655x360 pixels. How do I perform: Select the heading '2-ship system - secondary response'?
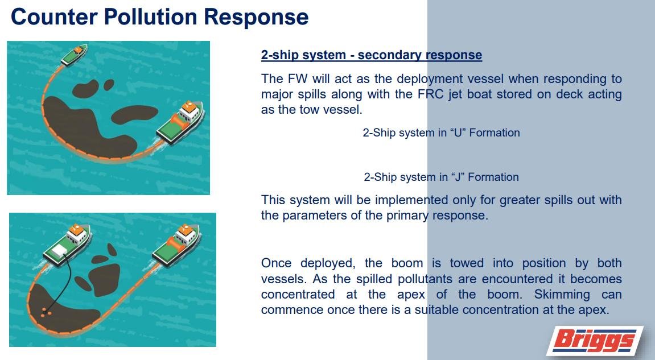(372, 55)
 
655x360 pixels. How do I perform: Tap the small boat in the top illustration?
(75, 55)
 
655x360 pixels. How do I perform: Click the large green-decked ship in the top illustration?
(180, 122)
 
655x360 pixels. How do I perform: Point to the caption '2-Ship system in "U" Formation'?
(441, 133)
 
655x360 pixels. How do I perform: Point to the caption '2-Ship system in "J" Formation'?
(441, 177)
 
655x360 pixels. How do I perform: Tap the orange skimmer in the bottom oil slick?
(46, 311)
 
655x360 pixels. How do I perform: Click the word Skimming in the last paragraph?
(562, 295)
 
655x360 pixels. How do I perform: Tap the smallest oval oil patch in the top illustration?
(109, 85)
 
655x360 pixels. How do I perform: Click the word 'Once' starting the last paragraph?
(276, 263)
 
